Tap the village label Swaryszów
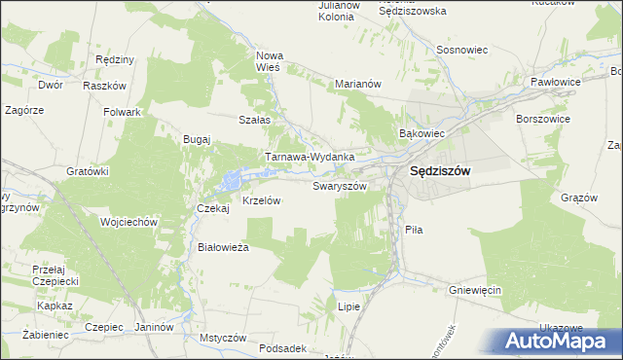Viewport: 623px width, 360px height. (340, 185)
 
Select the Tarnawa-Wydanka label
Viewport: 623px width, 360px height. (310, 156)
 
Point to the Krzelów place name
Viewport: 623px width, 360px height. (261, 200)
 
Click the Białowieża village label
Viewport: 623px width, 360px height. (224, 247)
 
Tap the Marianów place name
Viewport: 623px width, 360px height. (356, 84)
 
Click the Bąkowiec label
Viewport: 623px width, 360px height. (422, 132)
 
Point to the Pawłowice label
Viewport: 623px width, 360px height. (554, 82)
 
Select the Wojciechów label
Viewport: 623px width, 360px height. (128, 222)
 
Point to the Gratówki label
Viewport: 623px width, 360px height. (87, 171)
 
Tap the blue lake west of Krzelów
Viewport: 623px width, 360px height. (231, 180)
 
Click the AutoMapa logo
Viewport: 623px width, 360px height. (558, 342)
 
